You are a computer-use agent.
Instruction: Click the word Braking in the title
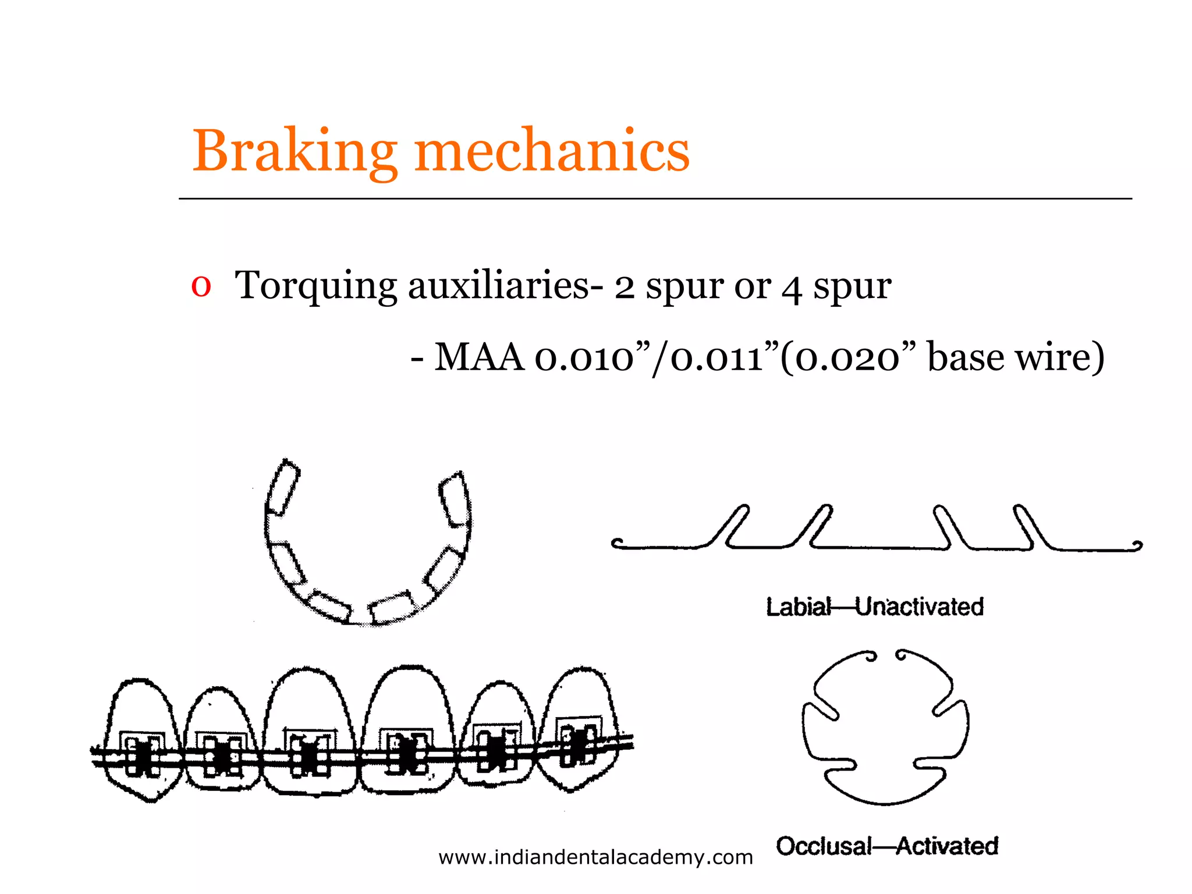click(x=295, y=151)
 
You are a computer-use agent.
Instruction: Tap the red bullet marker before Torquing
click(x=201, y=286)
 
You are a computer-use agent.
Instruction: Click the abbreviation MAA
click(x=478, y=357)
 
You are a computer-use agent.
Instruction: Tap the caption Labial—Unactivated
click(x=874, y=607)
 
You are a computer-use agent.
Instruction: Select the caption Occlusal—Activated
click(x=887, y=846)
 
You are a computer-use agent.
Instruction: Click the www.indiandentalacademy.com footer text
click(x=595, y=857)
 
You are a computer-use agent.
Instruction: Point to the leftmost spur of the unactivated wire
click(x=730, y=526)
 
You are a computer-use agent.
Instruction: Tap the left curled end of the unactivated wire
click(x=618, y=544)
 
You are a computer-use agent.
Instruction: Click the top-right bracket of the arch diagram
click(x=454, y=498)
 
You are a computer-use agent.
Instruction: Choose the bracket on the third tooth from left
click(x=310, y=754)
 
